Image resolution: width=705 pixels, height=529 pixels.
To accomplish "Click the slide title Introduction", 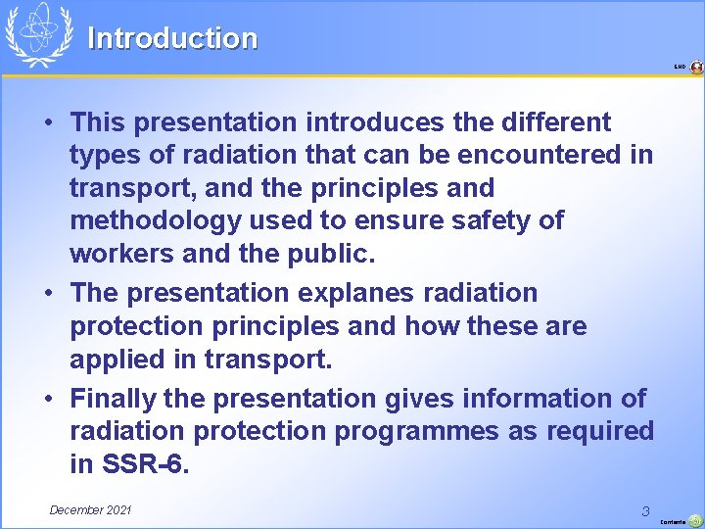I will point(172,38).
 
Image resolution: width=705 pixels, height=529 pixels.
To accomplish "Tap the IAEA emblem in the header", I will point(39,34).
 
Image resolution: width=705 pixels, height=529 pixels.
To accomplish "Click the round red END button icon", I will point(696,68).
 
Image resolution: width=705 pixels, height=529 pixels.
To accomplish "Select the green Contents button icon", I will point(695,520).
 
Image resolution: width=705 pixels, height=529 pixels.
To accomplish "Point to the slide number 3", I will point(645,510).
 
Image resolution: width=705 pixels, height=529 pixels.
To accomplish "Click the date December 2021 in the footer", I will point(90,509).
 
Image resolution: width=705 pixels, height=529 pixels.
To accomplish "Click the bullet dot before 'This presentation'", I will point(48,123).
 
